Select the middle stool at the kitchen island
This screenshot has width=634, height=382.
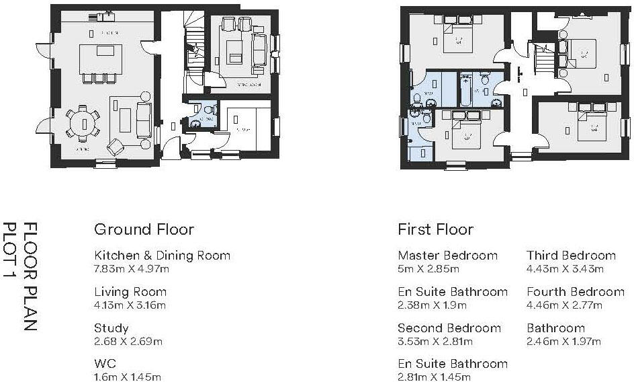(x=99, y=77)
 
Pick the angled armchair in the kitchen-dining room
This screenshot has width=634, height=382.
(x=116, y=146)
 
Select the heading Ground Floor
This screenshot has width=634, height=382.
(x=144, y=229)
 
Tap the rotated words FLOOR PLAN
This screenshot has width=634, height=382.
(x=30, y=276)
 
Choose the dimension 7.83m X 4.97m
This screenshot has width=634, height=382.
(x=132, y=269)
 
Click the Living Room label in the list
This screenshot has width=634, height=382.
(x=130, y=292)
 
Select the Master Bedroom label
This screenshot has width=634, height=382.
(x=447, y=256)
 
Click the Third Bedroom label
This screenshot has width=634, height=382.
(x=571, y=256)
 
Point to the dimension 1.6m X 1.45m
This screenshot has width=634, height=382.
(x=128, y=377)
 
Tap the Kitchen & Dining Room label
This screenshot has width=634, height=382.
(x=162, y=256)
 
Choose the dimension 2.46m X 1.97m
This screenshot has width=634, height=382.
(x=563, y=342)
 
